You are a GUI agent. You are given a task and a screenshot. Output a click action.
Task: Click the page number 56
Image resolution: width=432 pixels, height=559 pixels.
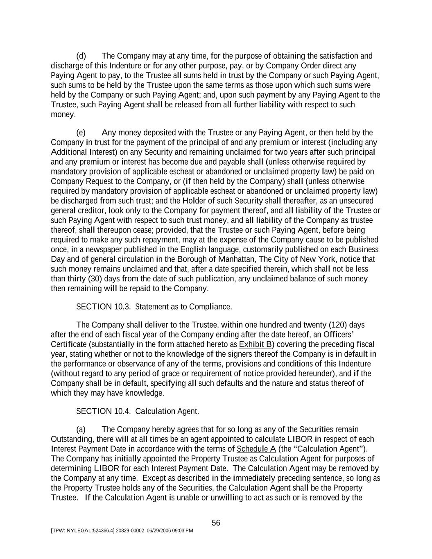coord(216,523)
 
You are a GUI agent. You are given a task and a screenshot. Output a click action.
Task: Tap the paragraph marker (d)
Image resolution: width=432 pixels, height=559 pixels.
coord(81,56)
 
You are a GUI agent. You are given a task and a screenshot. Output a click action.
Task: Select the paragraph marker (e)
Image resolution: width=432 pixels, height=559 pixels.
coord(81,133)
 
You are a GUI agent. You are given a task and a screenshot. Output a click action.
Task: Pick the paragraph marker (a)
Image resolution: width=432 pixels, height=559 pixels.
coord(81,430)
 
